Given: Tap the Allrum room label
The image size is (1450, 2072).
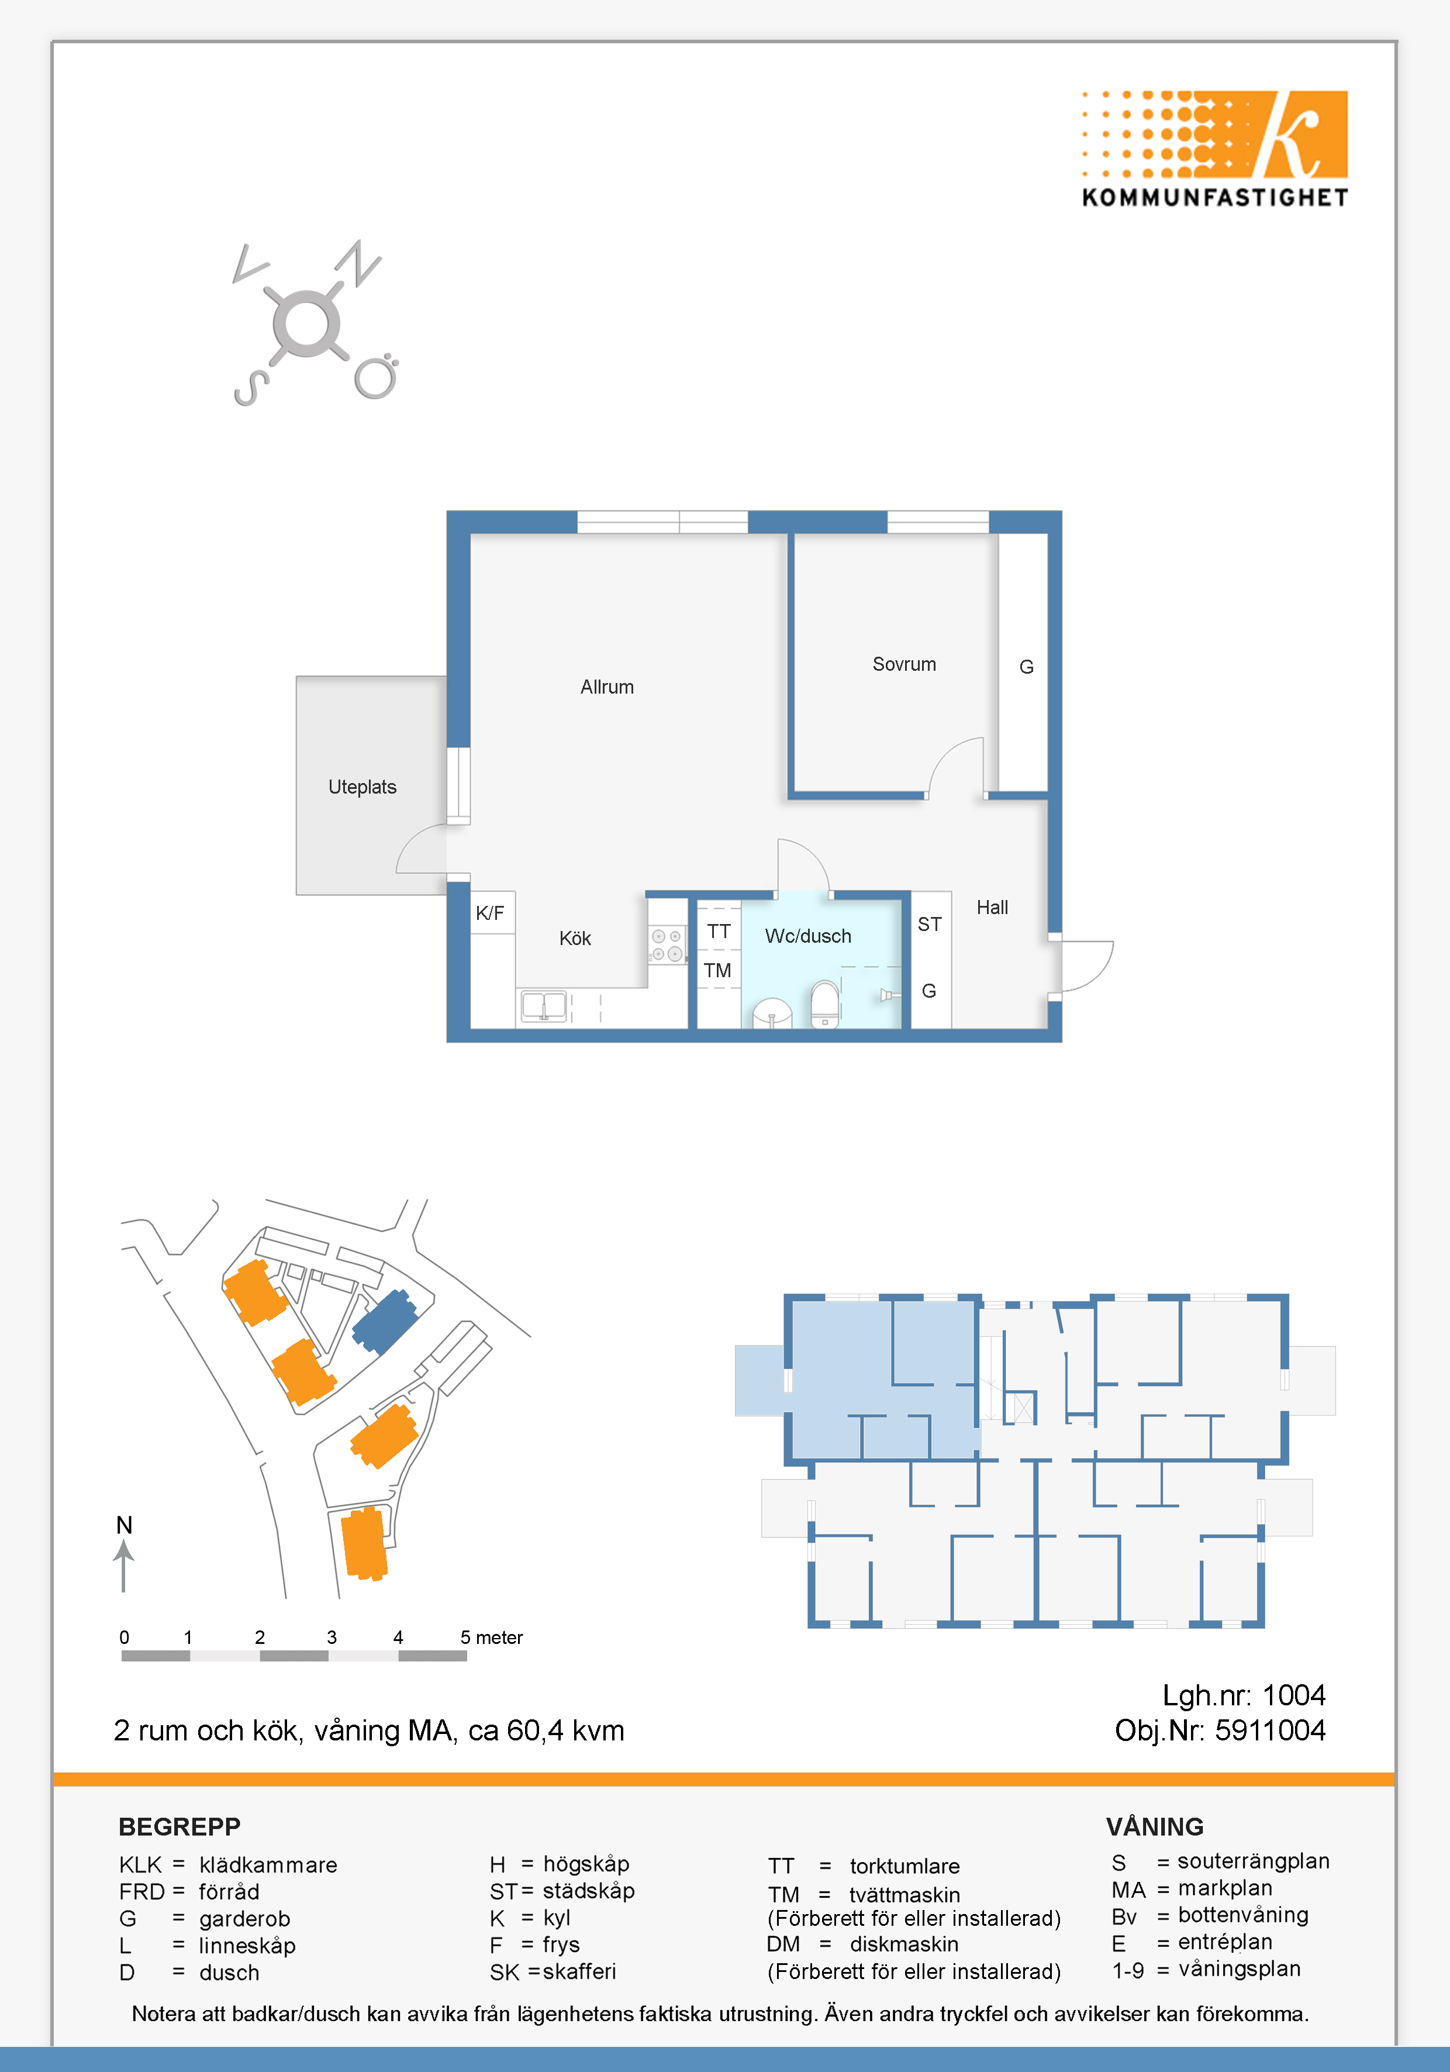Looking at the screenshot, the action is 607,687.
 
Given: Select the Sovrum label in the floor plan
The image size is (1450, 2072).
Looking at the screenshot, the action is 904,664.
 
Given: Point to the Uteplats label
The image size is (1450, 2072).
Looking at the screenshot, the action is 362,787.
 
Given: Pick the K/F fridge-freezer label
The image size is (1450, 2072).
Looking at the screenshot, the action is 490,912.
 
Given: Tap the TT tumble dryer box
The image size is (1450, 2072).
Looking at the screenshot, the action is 718,930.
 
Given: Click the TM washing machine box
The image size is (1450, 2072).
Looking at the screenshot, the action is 718,970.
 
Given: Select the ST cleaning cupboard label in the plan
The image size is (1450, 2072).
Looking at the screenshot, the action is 930,924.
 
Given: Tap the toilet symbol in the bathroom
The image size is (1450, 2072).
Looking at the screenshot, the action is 825,1004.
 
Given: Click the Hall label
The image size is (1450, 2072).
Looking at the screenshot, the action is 993,907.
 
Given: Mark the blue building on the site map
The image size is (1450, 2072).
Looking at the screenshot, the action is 384,1321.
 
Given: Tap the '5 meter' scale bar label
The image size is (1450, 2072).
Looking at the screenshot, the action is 492,1637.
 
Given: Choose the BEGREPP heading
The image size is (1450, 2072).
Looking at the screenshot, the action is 179,1826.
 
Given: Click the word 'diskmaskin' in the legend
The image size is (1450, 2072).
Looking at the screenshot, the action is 904,1944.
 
